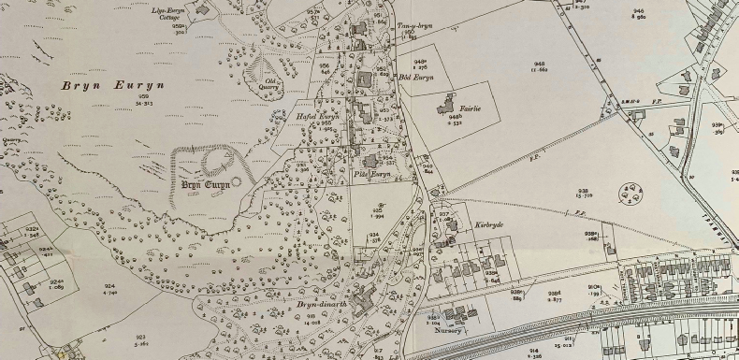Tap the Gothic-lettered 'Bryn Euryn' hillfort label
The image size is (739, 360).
(x=205, y=184)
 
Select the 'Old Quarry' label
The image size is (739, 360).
(x=271, y=87)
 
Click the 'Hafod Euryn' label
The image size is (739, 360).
(x=316, y=117)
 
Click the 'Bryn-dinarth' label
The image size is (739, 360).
(x=316, y=304)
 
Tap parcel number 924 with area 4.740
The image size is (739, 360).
(x=109, y=289)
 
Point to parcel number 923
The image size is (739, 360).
(x=140, y=337)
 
